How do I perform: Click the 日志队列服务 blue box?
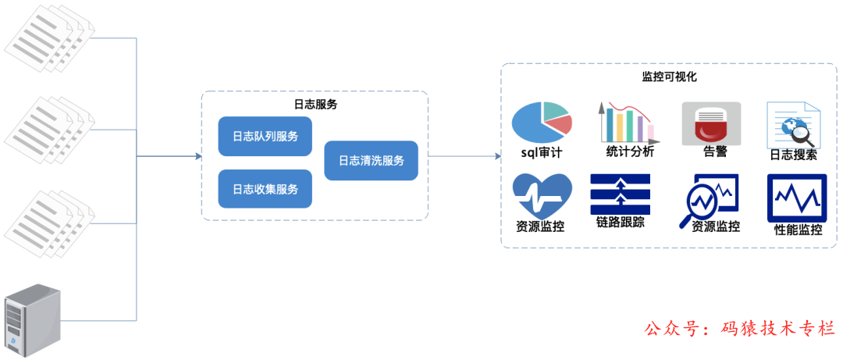click(265, 136)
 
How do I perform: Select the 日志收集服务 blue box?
click(265, 189)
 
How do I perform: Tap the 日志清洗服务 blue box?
click(371, 161)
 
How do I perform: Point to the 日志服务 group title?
click(315, 104)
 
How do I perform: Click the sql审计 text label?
click(542, 153)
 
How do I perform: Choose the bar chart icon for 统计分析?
click(626, 121)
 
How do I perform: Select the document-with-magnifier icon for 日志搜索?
click(793, 124)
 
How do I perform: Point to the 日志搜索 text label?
click(793, 155)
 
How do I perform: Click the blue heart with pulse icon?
click(541, 195)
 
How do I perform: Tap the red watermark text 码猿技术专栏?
click(780, 329)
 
